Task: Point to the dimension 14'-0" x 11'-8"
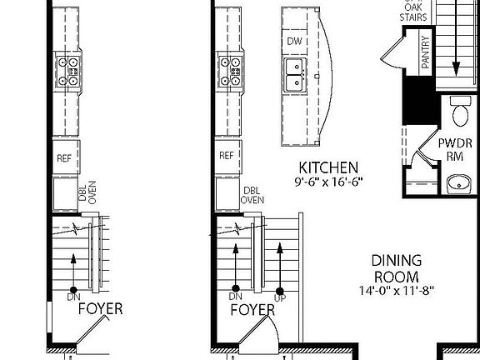397,291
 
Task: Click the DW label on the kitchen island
294,41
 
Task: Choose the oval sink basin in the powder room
458,182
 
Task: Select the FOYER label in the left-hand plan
100,309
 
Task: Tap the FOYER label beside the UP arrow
252,310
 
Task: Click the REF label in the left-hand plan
64,157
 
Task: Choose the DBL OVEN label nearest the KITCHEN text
252,196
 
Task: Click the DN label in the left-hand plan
73,297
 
